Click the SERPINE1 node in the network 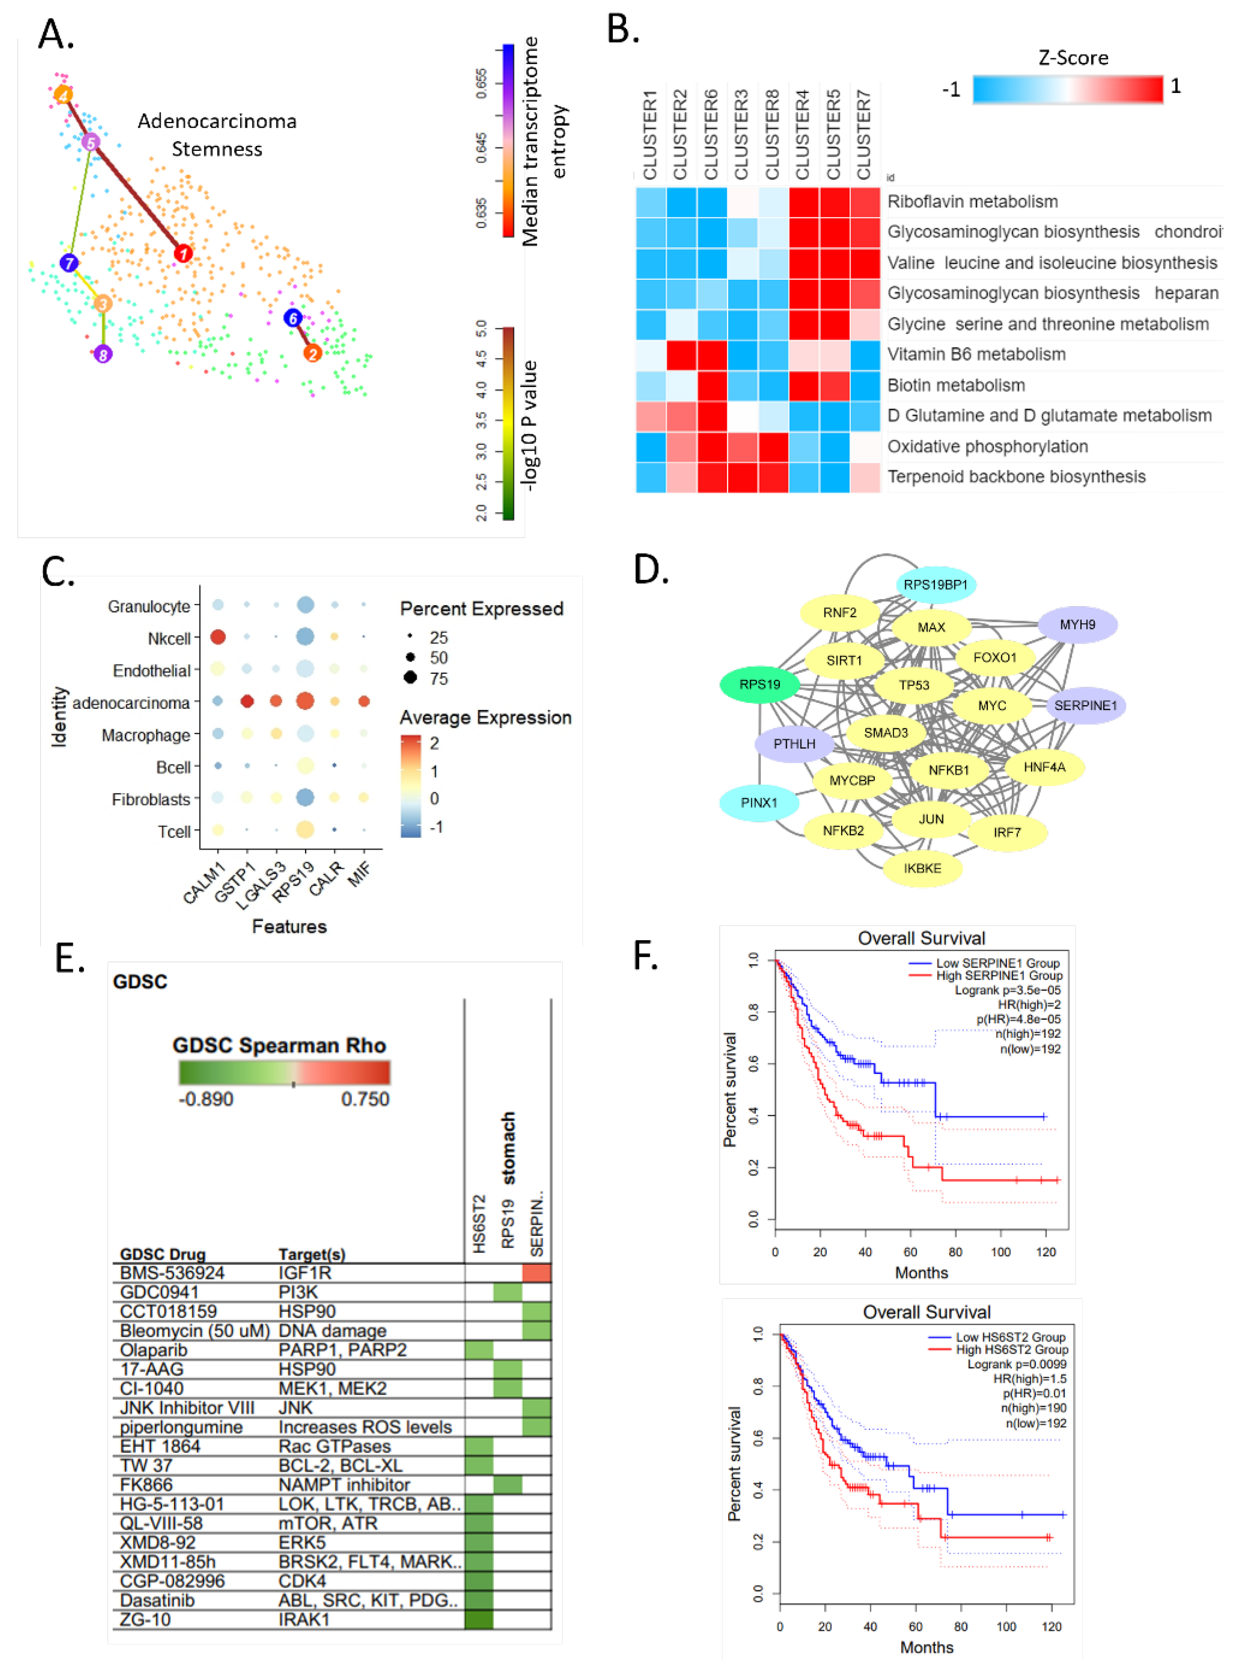coord(1085,705)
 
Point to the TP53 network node coord(914,685)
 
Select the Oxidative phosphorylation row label coord(987,447)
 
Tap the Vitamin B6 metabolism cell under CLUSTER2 coord(681,355)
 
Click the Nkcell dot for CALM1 coord(218,637)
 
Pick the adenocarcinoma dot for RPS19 coord(305,701)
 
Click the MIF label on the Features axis coord(360,875)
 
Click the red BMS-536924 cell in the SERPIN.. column coord(537,1272)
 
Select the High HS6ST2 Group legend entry coord(1011,1349)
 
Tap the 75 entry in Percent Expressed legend coord(438,679)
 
